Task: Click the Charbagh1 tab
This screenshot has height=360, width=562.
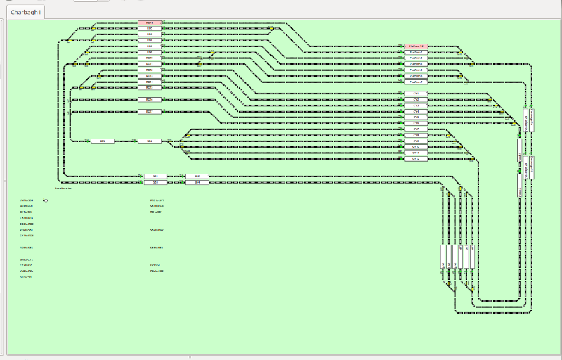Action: pos(25,12)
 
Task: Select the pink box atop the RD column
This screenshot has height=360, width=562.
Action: pos(150,22)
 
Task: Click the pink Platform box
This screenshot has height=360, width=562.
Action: pos(416,46)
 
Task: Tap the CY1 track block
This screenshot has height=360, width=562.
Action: pos(416,94)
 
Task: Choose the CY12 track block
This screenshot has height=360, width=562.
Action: pos(416,159)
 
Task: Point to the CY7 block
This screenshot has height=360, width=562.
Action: pos(416,129)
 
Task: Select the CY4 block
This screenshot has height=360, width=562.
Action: pos(416,112)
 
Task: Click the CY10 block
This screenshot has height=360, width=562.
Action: pos(416,147)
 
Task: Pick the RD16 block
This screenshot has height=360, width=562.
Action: pos(150,100)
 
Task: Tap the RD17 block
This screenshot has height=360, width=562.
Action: pos(150,112)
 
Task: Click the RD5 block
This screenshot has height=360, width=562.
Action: pos(150,28)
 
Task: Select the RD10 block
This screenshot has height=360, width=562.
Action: pos(150,58)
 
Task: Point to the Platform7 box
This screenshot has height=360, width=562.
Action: pos(416,82)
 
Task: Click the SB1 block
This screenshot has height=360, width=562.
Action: pos(155,176)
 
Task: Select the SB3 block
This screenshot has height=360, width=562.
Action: pos(155,182)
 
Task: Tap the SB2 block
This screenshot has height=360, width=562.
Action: pos(197,176)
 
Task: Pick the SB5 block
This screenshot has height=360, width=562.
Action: pos(102,141)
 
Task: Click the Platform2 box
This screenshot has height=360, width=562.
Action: pos(416,52)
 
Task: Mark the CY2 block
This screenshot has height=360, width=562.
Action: pos(416,100)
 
